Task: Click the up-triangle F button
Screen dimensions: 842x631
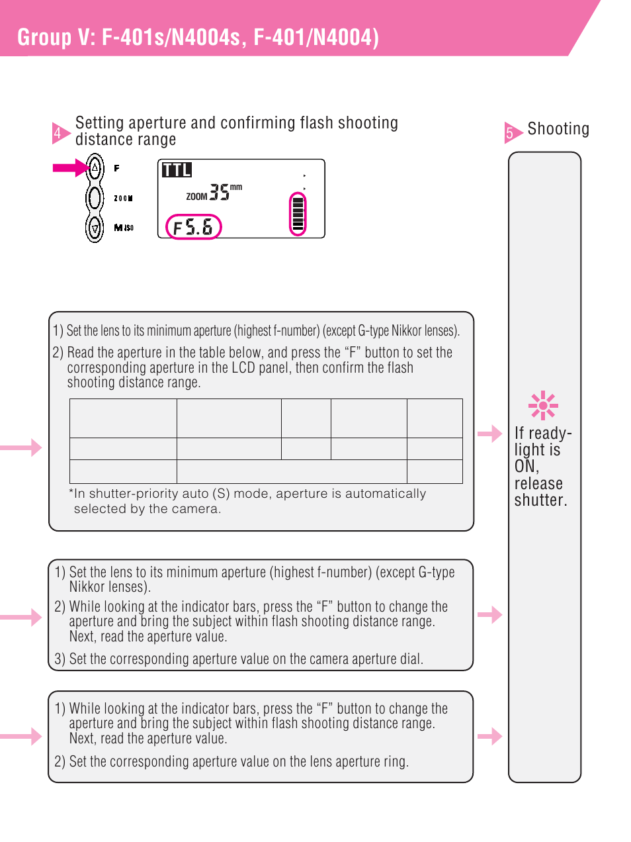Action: pos(95,168)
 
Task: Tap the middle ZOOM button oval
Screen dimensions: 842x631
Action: pos(95,198)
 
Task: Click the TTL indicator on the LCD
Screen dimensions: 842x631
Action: pos(177,170)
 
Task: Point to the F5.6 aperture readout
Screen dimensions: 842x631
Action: pos(193,227)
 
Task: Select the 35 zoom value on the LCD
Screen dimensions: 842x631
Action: pos(219,192)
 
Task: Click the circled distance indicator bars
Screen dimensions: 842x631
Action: pos(298,213)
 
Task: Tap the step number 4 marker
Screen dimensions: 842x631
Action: pos(58,133)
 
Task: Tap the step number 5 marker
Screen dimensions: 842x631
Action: pos(510,132)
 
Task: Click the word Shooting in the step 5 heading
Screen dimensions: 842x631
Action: pos(558,129)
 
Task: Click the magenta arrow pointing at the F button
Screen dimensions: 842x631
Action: pos(70,167)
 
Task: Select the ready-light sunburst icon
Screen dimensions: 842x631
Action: pos(543,405)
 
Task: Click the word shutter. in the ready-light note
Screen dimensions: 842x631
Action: pos(541,500)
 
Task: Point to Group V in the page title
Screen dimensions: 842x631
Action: pos(56,38)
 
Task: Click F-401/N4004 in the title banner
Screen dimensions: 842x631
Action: pos(316,38)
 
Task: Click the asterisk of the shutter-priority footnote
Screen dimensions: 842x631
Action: pos(71,493)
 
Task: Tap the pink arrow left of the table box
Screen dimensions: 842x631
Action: pos(22,447)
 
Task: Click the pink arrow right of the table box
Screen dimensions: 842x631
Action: pos(490,434)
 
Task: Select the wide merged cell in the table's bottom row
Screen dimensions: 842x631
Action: pos(292,471)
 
